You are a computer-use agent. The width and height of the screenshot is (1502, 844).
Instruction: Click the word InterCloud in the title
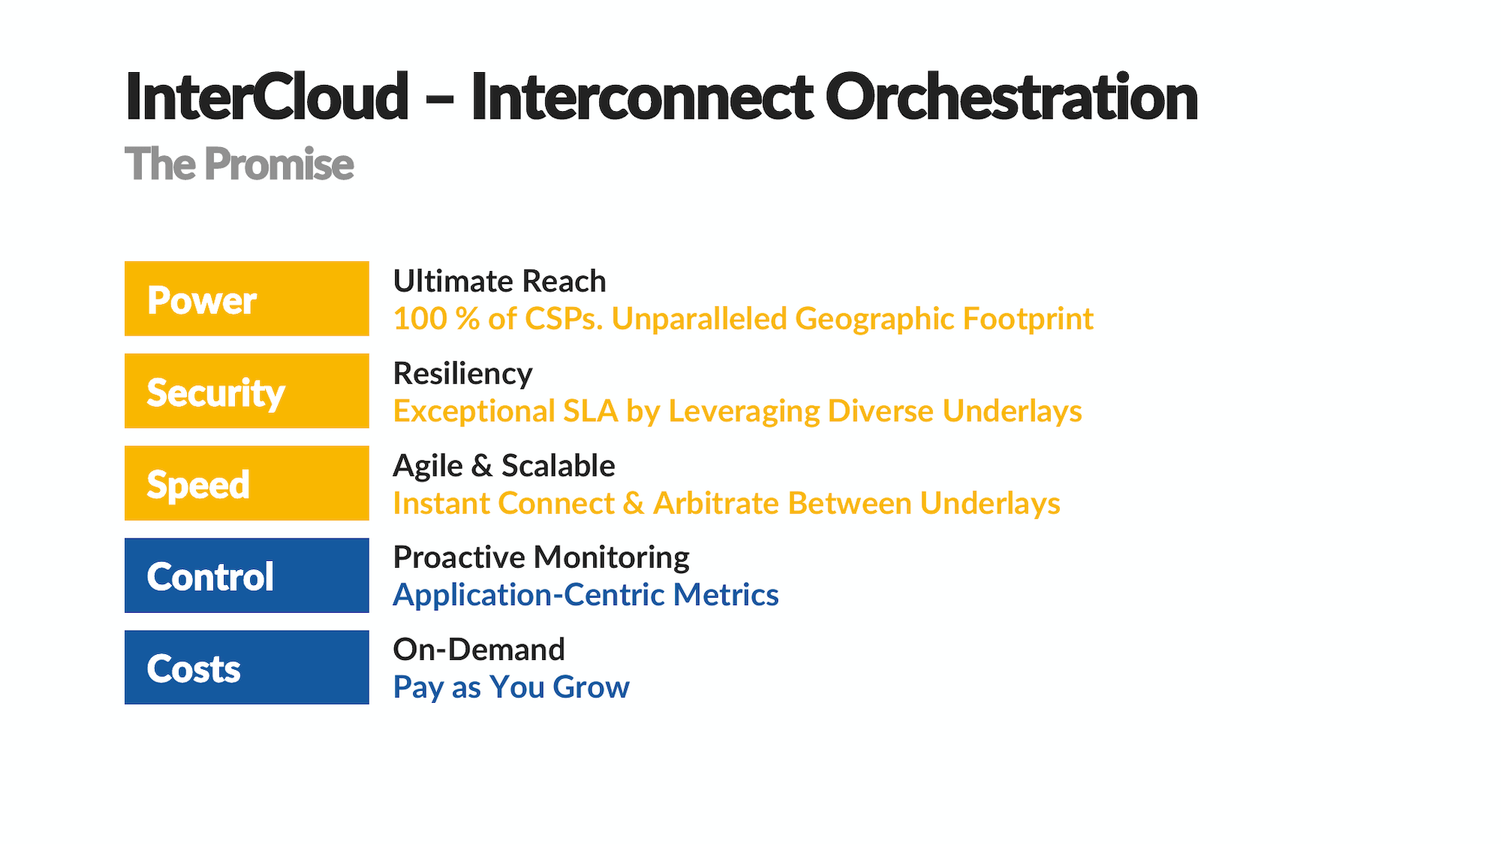(x=267, y=98)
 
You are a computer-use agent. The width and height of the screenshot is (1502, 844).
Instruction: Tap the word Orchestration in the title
(x=1011, y=98)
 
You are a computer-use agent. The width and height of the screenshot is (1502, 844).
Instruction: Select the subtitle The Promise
(x=239, y=164)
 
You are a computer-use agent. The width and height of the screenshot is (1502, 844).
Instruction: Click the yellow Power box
(x=246, y=299)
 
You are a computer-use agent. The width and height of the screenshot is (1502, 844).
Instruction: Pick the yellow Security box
(x=246, y=391)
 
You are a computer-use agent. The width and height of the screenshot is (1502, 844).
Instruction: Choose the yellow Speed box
(x=246, y=484)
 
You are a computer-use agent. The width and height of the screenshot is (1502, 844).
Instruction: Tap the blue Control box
(x=246, y=575)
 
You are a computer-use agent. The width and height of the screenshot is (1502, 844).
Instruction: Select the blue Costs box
(x=246, y=668)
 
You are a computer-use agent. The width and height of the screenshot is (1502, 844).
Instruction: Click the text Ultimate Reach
(x=499, y=282)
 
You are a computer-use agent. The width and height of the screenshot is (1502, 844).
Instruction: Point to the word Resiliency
(x=463, y=374)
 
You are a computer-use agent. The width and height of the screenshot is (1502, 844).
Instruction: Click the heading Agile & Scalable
(x=504, y=466)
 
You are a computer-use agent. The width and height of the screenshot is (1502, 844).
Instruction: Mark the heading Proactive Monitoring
(x=541, y=558)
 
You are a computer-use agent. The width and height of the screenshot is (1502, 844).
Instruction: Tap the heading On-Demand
(x=478, y=650)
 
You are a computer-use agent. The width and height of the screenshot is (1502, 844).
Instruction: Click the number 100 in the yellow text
(x=420, y=319)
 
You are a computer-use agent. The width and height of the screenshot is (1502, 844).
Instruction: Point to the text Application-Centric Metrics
(x=586, y=595)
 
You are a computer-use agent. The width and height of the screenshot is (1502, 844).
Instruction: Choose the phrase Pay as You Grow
(x=511, y=688)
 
